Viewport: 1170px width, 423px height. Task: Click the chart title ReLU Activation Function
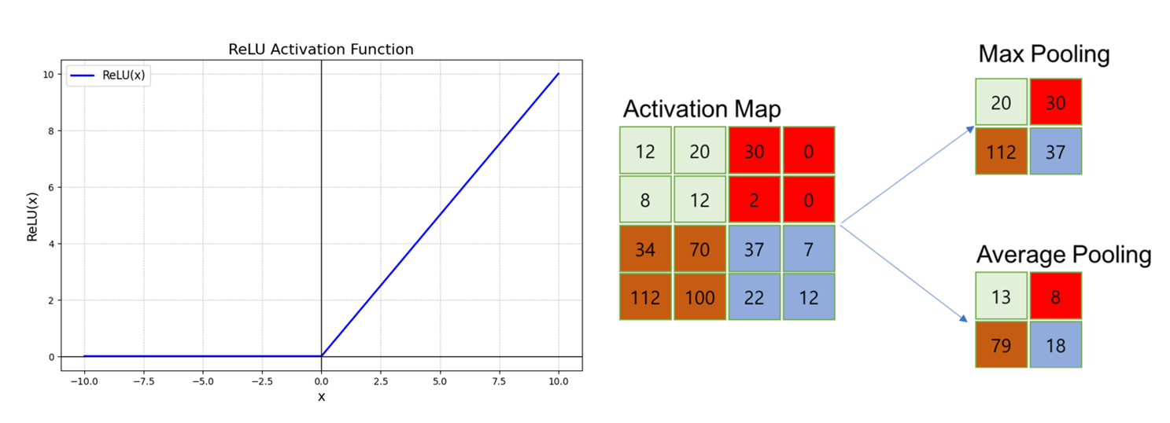click(321, 50)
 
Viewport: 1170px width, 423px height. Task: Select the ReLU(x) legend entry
click(108, 75)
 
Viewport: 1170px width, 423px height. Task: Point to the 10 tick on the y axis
click(48, 75)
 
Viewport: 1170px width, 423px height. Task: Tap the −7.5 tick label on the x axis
click(144, 381)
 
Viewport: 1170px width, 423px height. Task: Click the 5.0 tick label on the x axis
click(440, 381)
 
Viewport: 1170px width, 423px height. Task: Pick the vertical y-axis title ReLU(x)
click(32, 217)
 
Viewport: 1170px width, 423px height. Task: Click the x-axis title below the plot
click(321, 397)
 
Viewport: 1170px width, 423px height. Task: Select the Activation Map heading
click(702, 109)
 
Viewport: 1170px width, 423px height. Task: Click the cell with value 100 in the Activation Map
click(700, 296)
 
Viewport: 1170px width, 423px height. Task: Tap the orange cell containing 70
click(700, 248)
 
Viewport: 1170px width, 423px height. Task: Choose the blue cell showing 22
click(755, 296)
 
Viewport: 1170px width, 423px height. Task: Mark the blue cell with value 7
click(809, 248)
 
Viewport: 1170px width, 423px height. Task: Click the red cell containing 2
click(755, 200)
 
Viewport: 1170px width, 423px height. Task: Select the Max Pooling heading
click(1044, 54)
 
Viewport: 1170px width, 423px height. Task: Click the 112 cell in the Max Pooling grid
click(1002, 152)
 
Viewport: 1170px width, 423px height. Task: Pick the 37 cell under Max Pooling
click(1056, 152)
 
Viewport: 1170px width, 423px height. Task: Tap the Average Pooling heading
click(1064, 255)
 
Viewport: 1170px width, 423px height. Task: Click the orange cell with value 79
click(1002, 344)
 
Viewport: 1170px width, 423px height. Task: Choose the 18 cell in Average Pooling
click(1056, 344)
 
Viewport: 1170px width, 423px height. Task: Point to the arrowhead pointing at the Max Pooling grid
click(970, 129)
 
